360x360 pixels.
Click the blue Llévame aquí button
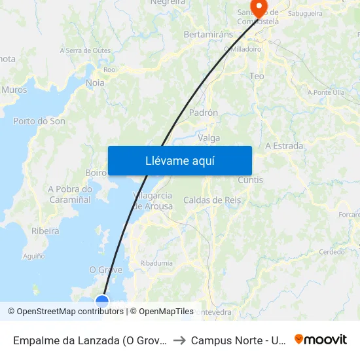179,160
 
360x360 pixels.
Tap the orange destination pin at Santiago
259,8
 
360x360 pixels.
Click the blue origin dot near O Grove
102,301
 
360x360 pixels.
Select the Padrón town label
203,113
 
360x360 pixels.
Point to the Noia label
95,83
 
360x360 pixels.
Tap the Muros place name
14,90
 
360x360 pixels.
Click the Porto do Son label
39,121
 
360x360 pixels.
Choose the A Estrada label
284,146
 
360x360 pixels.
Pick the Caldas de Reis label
212,200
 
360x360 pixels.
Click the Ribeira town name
45,231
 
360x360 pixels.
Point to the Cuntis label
251,180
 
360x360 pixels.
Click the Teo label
257,77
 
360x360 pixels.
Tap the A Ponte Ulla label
326,93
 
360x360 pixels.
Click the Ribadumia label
156,263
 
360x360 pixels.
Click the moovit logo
321,339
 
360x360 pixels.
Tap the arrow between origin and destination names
179,340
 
